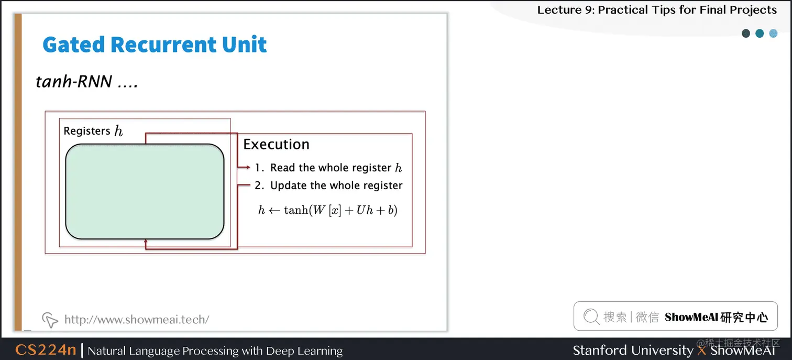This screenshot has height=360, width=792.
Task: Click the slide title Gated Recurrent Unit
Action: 155,45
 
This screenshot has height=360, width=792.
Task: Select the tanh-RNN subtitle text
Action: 86,81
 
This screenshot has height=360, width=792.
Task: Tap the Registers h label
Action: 93,131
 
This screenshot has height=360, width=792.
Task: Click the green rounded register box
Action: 145,191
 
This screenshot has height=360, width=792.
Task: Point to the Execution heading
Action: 276,145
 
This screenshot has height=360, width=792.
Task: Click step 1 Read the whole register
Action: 328,168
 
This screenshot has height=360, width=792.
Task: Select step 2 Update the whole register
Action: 328,186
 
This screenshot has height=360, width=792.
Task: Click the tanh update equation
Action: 328,210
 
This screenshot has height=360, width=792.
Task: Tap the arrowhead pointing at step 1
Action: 248,168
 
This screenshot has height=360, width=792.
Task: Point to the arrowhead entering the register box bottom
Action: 146,241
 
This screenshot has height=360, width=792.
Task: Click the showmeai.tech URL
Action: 137,319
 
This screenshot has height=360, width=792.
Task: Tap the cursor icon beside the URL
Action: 49,319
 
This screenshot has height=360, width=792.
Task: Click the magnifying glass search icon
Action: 591,317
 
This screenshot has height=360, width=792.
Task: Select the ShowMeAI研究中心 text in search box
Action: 716,317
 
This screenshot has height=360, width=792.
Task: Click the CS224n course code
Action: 46,350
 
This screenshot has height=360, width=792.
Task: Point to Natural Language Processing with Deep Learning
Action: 215,351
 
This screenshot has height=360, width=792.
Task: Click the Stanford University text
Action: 633,350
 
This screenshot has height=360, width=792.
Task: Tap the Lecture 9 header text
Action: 657,9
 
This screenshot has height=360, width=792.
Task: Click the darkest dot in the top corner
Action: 746,34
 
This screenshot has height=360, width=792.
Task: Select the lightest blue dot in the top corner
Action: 773,34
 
